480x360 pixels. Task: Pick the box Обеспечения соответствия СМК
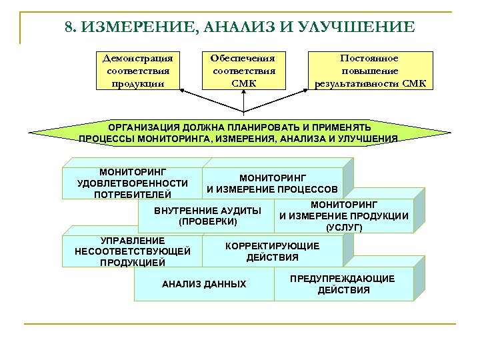coord(243,71)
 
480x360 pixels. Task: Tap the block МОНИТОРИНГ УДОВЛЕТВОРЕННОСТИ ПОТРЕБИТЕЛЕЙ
coord(132,183)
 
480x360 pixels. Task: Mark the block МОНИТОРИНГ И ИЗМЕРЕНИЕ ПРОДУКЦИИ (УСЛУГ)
coord(343,215)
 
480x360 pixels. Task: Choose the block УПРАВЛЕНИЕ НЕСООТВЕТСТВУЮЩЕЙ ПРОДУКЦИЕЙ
coord(133,251)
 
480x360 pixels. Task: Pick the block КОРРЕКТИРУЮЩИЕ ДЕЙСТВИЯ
coord(273,251)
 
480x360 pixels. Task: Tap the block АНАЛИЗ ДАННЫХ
coord(204,285)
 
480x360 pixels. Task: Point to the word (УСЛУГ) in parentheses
coord(344,227)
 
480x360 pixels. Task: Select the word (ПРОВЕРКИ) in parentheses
coord(208,221)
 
